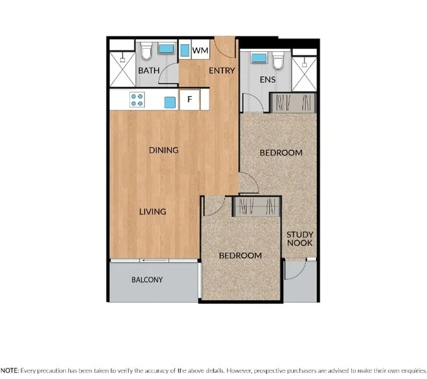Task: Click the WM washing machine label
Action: point(200,50)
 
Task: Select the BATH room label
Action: point(148,71)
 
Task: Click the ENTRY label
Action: point(222,71)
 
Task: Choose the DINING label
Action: point(164,150)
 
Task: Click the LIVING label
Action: point(152,212)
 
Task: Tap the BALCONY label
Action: point(147,280)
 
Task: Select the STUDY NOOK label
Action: point(300,239)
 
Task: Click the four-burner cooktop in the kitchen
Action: point(138,99)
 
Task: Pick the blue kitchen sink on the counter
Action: point(169,101)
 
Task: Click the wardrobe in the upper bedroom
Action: point(292,102)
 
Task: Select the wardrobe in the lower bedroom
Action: point(256,207)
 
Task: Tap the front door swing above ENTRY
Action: point(225,45)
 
